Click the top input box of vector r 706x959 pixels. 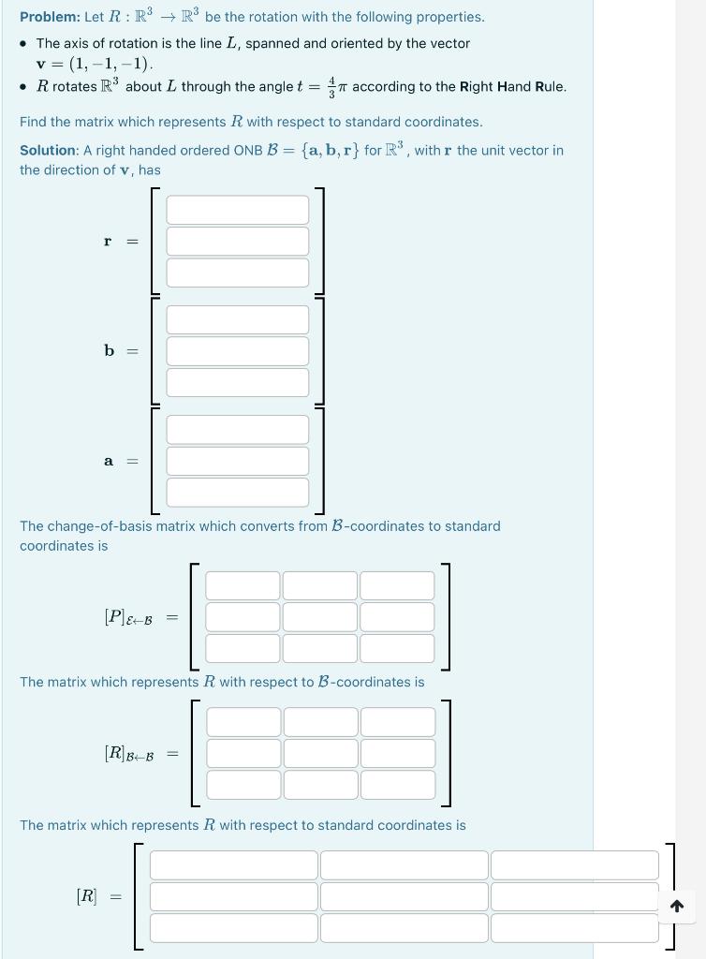(237, 210)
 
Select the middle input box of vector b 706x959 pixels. (237, 351)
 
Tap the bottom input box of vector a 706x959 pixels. (237, 493)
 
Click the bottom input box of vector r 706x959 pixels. (237, 273)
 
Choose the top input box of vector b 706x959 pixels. (237, 319)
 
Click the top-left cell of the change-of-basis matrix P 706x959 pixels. (243, 585)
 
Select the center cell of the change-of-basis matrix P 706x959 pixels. (319, 617)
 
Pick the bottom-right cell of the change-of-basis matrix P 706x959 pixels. (397, 648)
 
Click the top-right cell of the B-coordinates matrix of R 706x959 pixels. (398, 722)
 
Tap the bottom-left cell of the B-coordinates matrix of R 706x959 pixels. (243, 785)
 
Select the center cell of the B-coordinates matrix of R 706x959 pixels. (320, 753)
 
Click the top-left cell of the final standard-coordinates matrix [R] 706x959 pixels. (233, 865)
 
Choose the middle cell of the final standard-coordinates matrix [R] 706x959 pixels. (404, 896)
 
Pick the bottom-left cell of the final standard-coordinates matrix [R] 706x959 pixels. (233, 928)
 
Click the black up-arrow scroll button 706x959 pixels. (677, 906)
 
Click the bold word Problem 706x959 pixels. (50, 17)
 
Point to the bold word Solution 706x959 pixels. (49, 150)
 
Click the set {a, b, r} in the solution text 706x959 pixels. (330, 150)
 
